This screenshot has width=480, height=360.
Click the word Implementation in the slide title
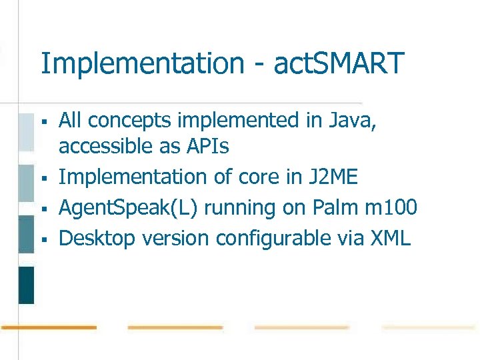tap(142, 64)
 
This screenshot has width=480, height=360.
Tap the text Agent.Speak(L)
tap(129, 208)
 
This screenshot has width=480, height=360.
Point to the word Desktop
tap(96, 238)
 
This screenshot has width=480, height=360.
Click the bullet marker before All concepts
tap(43, 122)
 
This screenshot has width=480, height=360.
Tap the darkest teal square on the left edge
tap(26, 285)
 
